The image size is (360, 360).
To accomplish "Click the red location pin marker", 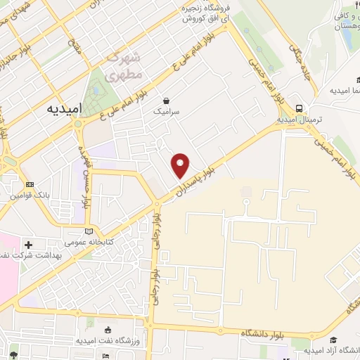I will point(181,165).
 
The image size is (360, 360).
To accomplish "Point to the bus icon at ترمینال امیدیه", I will point(300,108).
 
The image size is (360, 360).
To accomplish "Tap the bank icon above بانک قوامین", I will point(30,184).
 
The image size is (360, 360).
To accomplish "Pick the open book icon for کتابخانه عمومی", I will point(88,231).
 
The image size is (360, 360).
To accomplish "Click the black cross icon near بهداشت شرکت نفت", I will point(28,245).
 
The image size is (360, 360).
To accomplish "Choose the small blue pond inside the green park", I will point(96,90).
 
